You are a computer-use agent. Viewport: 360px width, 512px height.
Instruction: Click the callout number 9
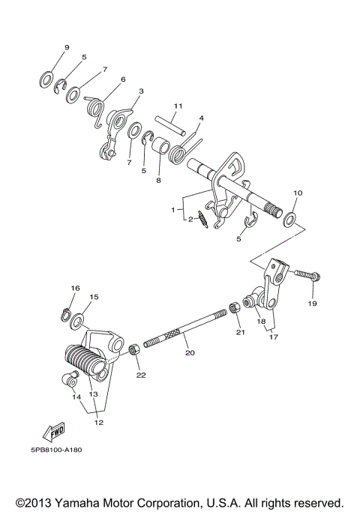coord(66,47)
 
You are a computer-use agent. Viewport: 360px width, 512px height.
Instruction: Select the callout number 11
coord(178,105)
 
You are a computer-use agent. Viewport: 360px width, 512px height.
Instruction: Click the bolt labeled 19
coord(305,276)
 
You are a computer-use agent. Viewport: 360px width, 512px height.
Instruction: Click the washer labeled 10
coord(289,220)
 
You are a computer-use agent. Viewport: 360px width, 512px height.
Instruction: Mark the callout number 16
coord(75,289)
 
